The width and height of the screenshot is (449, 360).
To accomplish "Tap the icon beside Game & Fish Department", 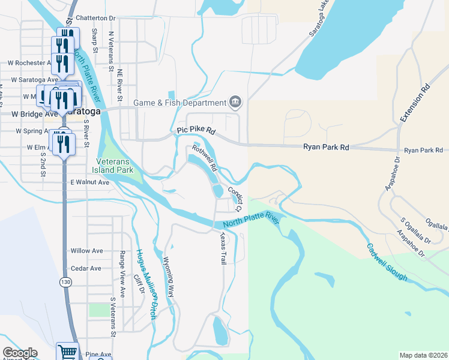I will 235,102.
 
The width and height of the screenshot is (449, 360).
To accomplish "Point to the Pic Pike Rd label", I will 196,130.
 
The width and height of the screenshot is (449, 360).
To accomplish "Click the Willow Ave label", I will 86,251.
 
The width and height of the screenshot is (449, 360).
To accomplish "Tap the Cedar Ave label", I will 86,268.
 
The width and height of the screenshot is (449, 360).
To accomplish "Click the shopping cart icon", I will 67,352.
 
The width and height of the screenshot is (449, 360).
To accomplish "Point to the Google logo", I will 20,353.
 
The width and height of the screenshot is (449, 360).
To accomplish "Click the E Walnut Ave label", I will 89,182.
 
